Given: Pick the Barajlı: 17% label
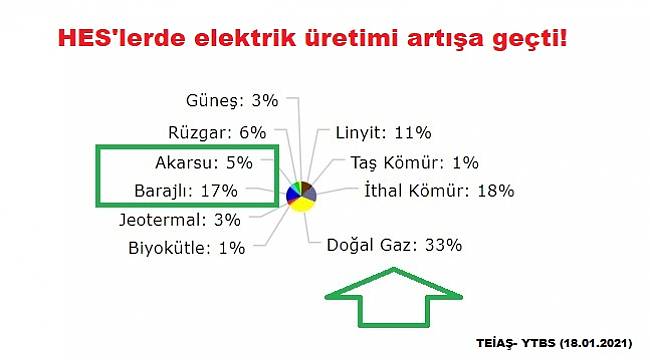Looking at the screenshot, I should (185, 189).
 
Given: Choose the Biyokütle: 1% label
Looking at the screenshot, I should (187, 248).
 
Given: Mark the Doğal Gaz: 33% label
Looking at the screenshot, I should (395, 245).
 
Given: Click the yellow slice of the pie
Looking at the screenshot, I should (301, 203).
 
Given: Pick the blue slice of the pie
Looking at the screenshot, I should (291, 193).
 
